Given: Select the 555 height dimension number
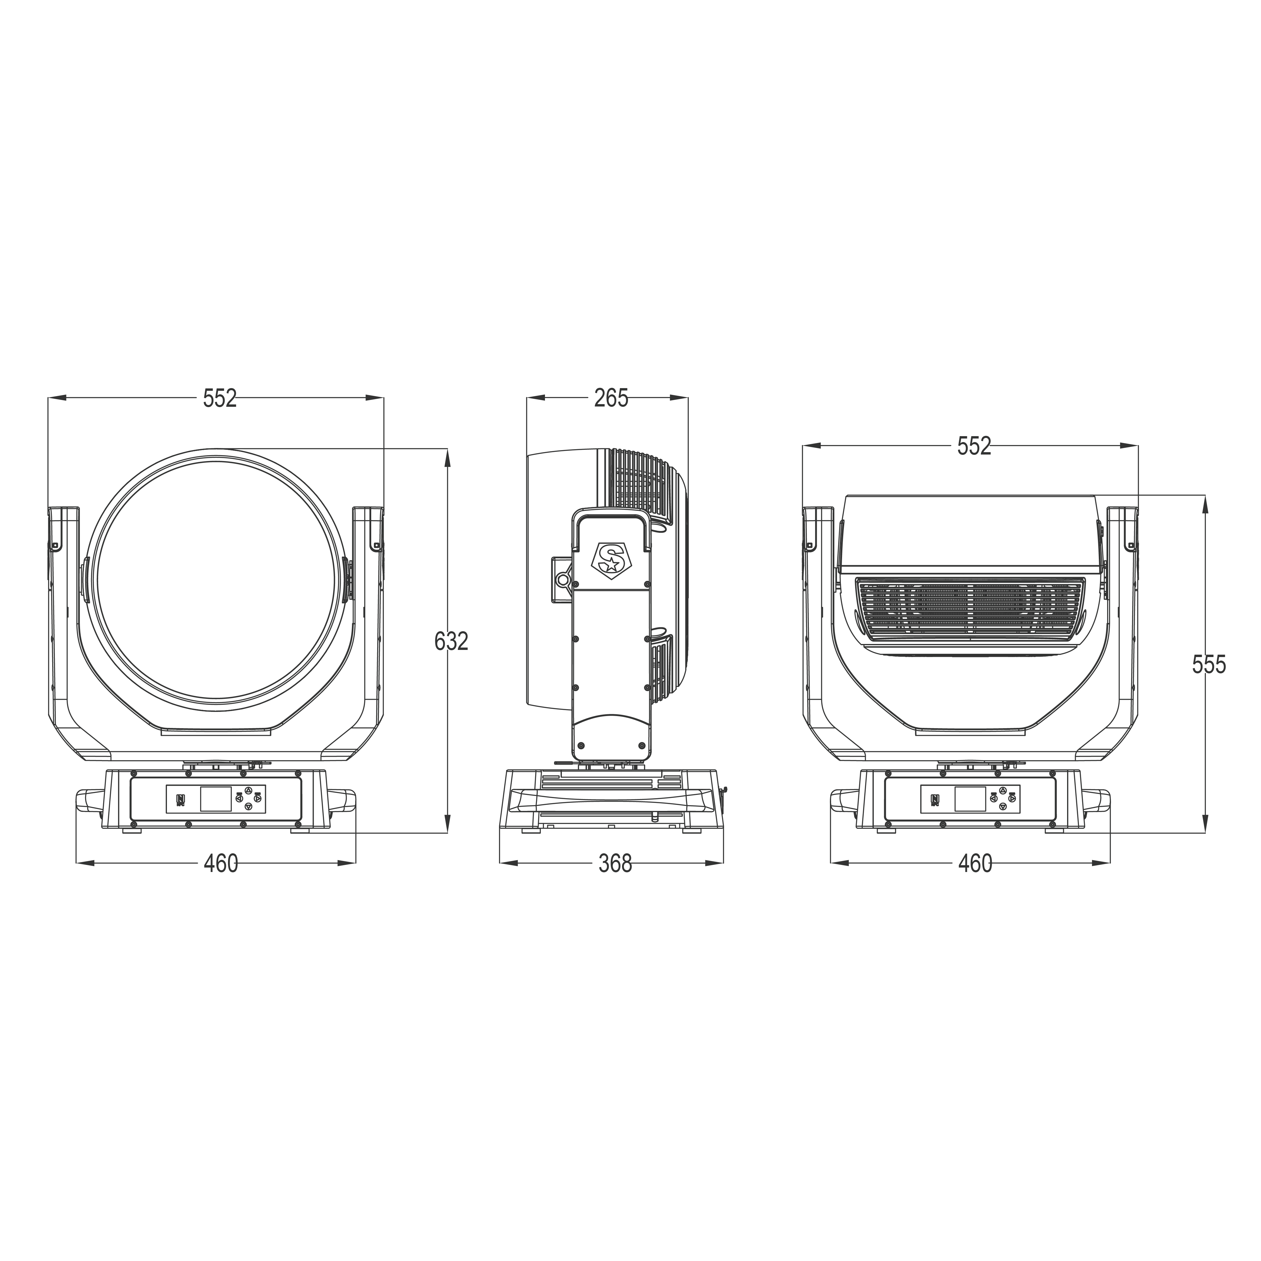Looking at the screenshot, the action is click(x=1209, y=664).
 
